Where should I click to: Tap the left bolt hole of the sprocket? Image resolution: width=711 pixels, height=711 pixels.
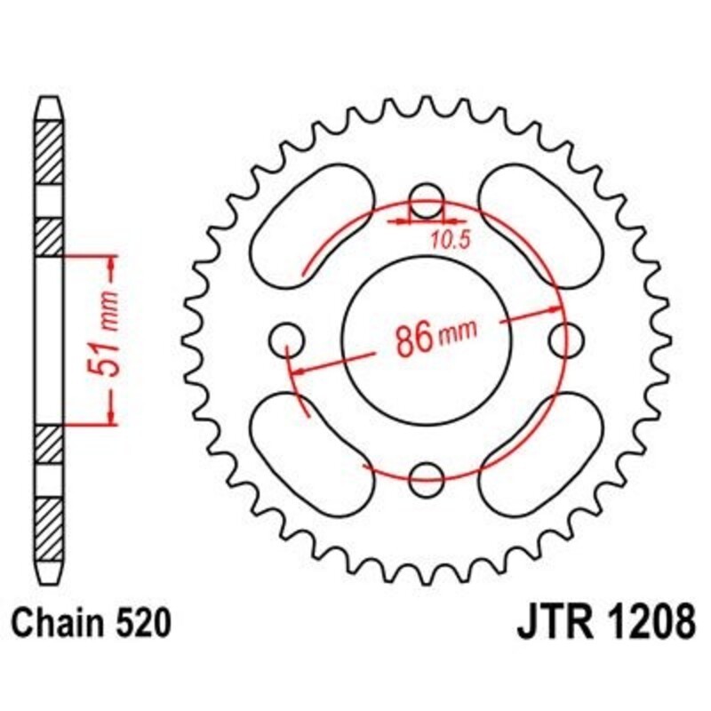tap(286, 339)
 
